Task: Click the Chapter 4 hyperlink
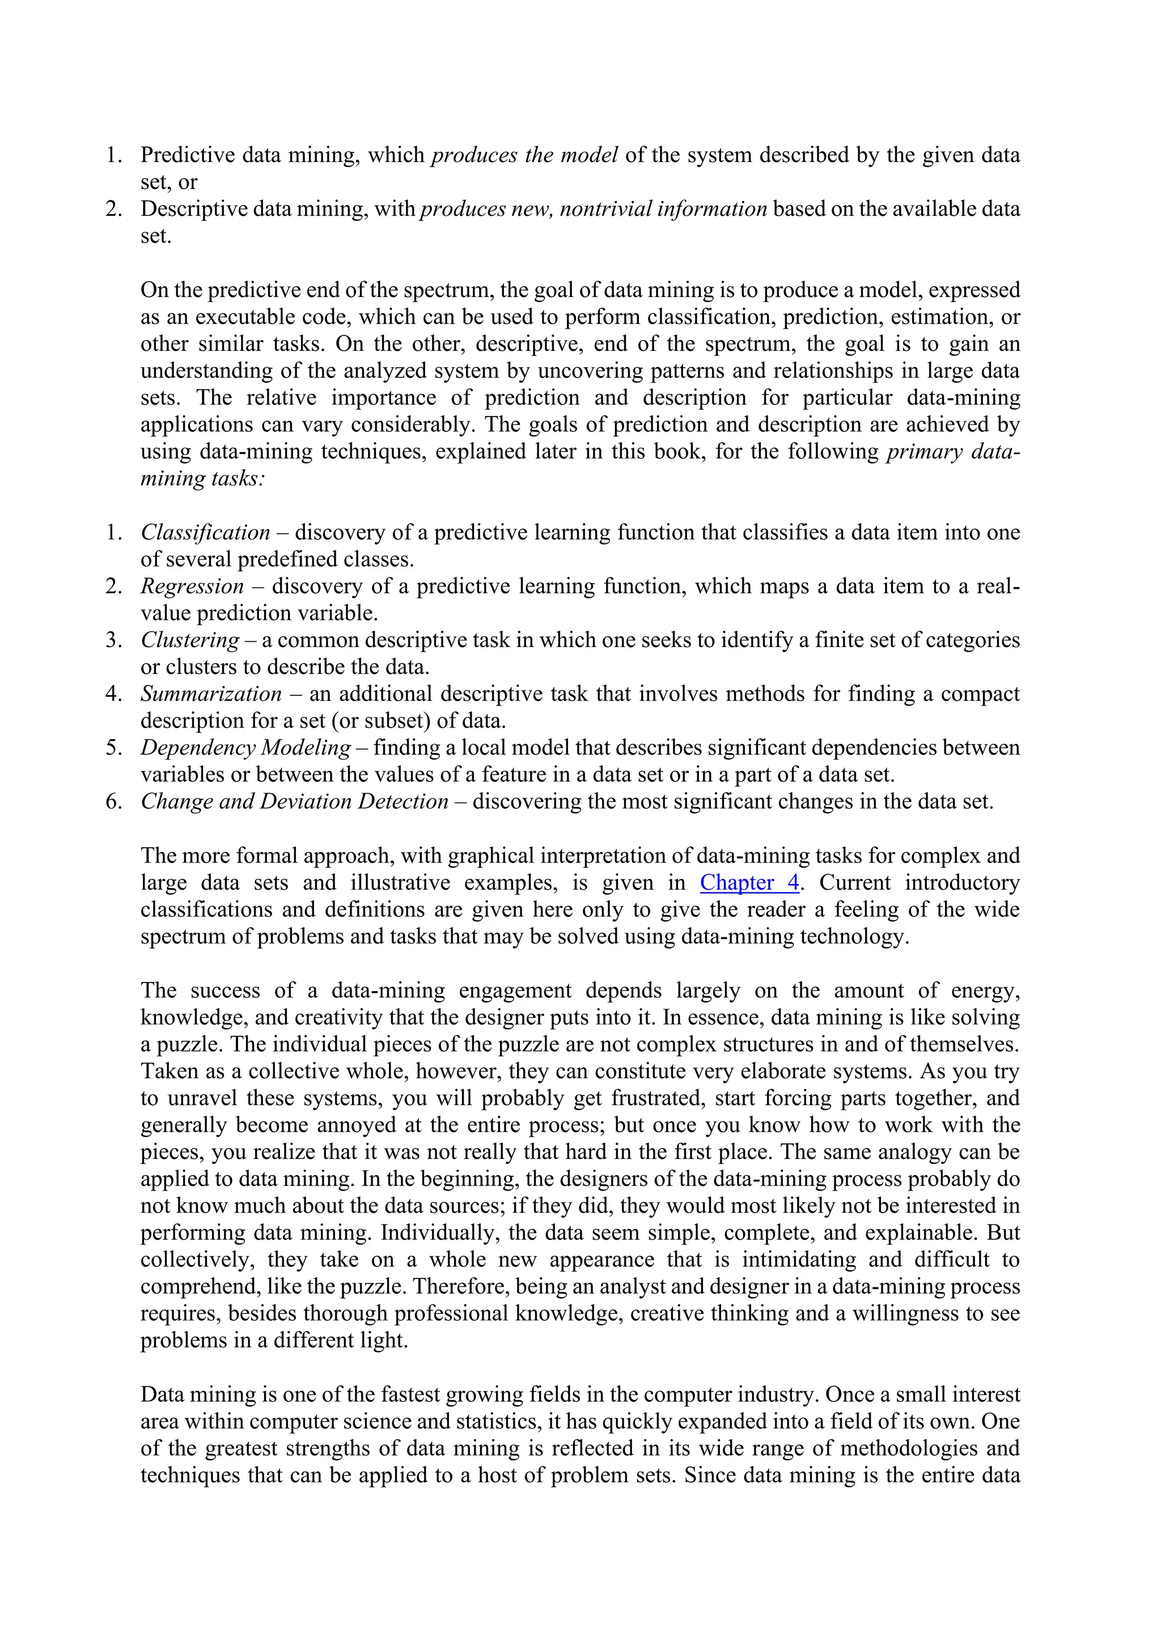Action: (749, 883)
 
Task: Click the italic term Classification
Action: (205, 533)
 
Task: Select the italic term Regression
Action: (192, 586)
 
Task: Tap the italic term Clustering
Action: (190, 640)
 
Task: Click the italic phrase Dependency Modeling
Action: (245, 747)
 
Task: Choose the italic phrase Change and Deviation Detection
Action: (294, 801)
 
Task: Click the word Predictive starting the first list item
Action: (187, 155)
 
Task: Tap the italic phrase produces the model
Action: (524, 155)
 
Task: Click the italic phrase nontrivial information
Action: (663, 209)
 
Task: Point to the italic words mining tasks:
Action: (202, 478)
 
